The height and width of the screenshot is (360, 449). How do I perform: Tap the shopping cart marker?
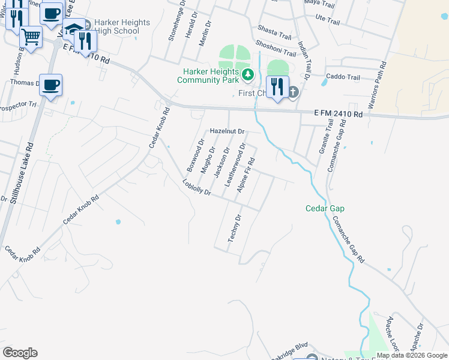(31, 37)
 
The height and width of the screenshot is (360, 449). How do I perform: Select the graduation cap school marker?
(73, 30)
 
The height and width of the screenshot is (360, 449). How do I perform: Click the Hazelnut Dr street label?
(228, 131)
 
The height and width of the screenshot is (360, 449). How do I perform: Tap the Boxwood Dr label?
(196, 156)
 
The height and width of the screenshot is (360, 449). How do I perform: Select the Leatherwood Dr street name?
(235, 163)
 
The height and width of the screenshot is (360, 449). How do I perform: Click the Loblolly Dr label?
(197, 188)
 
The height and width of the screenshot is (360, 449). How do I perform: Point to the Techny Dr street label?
(234, 228)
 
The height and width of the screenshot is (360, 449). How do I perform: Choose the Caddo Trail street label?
(342, 77)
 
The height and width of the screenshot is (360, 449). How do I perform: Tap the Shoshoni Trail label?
(276, 48)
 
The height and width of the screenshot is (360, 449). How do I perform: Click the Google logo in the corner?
(20, 352)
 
